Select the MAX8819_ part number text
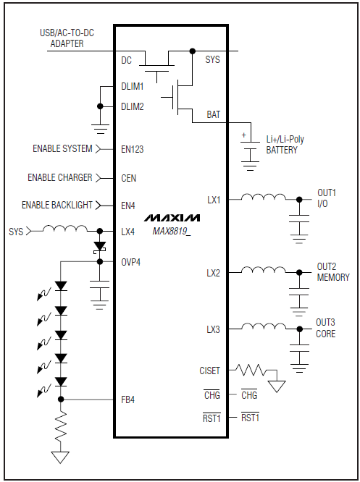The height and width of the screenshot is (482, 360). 171,231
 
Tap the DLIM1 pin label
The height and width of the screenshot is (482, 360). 133,86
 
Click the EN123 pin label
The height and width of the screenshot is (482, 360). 133,149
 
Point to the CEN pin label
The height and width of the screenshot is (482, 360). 128,177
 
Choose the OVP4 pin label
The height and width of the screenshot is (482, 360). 131,261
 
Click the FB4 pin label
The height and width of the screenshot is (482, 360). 127,399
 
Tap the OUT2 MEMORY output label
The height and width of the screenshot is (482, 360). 332,272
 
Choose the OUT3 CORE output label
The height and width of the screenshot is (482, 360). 326,329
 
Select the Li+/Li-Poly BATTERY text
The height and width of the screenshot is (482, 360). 285,145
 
